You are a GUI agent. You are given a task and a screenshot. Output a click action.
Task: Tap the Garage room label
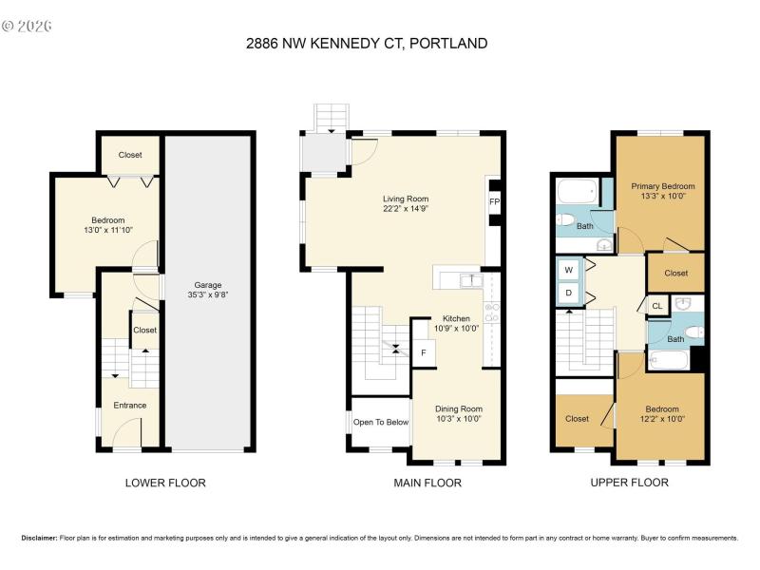(x=208, y=285)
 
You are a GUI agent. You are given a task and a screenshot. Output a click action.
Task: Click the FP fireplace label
(x=494, y=202)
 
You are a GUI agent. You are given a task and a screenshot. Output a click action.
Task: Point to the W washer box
(x=569, y=270)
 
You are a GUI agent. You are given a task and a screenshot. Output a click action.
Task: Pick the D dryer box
(x=569, y=293)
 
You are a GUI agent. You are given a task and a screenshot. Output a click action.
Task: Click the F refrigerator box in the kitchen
(x=424, y=352)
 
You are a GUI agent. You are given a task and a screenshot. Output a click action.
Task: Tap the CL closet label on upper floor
(x=656, y=305)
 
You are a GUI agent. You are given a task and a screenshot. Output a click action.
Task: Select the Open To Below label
(x=381, y=422)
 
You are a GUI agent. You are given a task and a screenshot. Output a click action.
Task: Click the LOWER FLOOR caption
(x=165, y=483)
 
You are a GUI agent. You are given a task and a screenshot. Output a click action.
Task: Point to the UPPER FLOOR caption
(x=629, y=483)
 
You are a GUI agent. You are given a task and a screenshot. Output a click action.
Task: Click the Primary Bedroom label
(x=663, y=186)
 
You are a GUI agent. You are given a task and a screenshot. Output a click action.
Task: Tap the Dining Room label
(x=452, y=408)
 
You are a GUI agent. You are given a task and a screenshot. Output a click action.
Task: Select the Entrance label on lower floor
(x=130, y=406)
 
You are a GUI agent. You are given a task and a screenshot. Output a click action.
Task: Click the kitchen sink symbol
(x=469, y=279)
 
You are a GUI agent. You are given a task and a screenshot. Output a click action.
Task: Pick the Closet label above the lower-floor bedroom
(x=130, y=155)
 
